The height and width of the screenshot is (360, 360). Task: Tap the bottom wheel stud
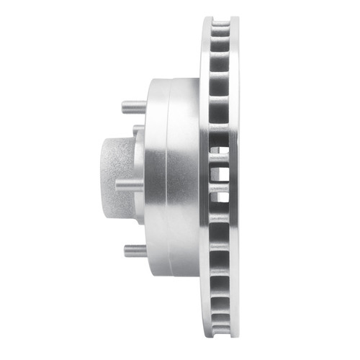coord(134,251)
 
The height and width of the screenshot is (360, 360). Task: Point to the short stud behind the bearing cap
coord(138,130)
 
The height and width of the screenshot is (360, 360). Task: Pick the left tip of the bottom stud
coord(125,251)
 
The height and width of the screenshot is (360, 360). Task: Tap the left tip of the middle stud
coord(117,184)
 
